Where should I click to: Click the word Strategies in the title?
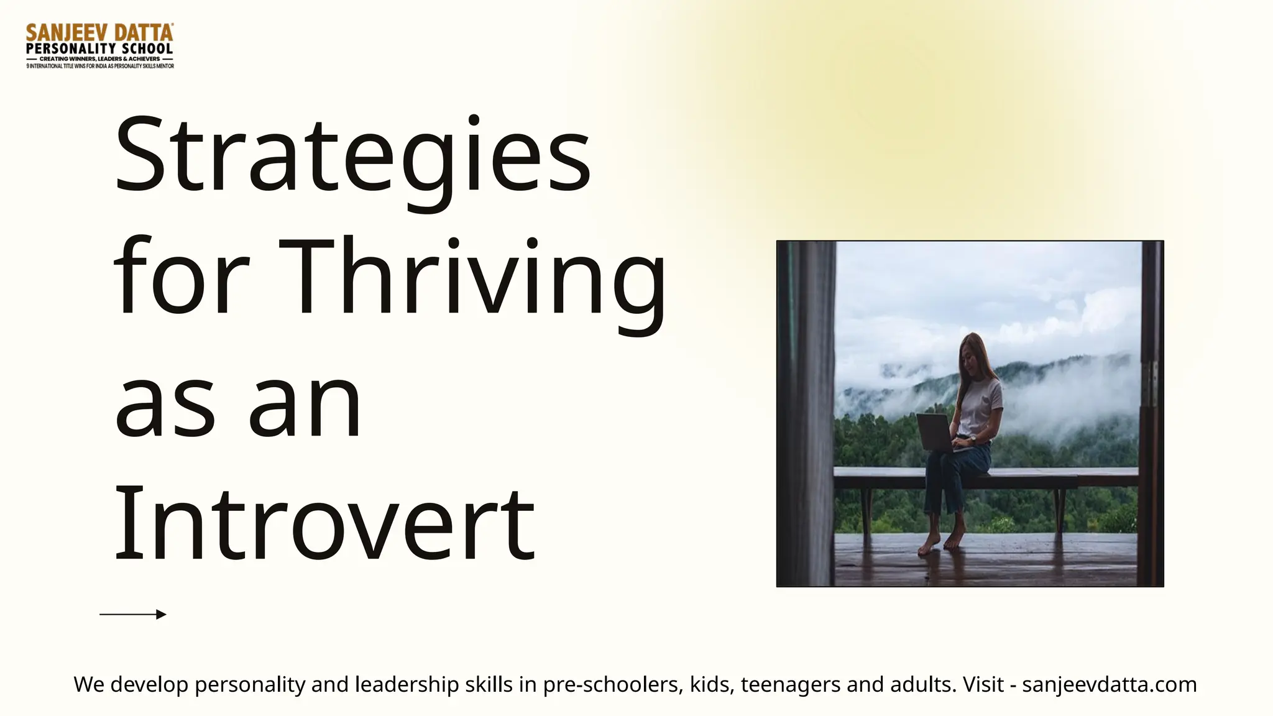pos(352,155)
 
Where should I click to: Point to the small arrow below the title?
pos(133,614)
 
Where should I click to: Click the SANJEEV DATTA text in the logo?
pos(99,32)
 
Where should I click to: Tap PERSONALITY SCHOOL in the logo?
pos(99,48)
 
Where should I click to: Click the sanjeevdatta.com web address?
pos(1110,684)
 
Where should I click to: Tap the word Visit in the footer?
pos(983,684)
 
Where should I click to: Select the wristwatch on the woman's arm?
pos(972,439)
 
